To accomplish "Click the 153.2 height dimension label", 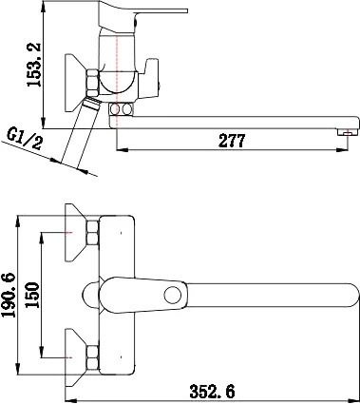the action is pos(34,65).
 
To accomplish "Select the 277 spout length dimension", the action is pos(232,141).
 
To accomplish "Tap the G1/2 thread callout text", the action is pos(25,140).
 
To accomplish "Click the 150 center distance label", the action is pos(32,295).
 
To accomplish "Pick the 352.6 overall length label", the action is pos(213,392).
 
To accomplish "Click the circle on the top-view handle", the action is pos(173,296).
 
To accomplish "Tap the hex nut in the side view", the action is pos(92,83).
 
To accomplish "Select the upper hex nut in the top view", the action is pos(92,233).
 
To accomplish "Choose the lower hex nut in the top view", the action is pos(92,357).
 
